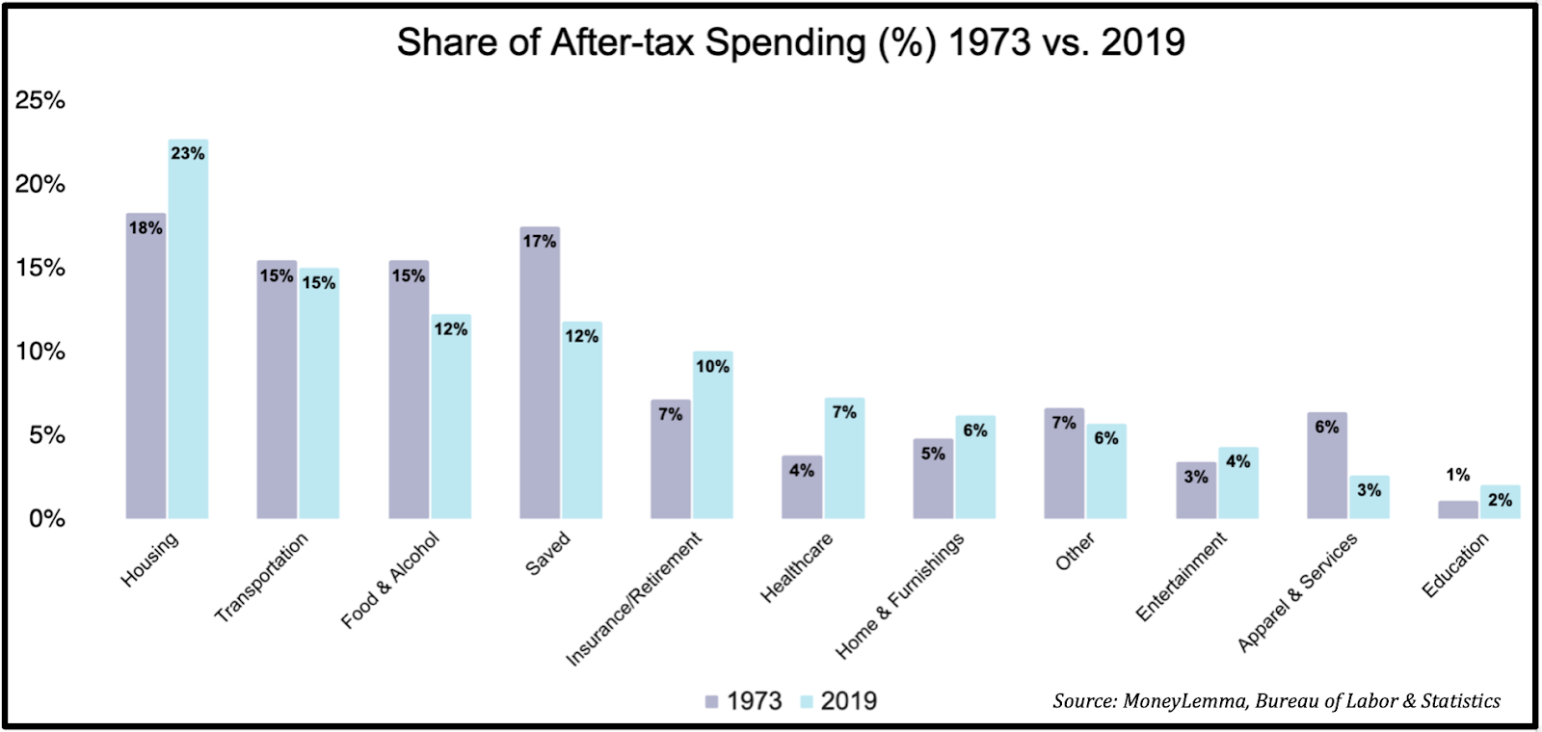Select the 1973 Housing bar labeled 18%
pos(146,366)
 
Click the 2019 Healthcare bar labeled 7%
pos(844,458)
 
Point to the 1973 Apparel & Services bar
pos(1327,466)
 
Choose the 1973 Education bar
pos(1457,510)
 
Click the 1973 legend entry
pos(743,701)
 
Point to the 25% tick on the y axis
pos(40,100)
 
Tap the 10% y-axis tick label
pos(40,352)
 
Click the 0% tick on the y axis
pos(46,519)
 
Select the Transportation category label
pos(261,577)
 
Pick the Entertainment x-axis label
pos(1182,576)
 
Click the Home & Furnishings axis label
pos(899,595)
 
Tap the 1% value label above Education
pos(1457,475)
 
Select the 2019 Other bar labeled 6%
pos(1106,472)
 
